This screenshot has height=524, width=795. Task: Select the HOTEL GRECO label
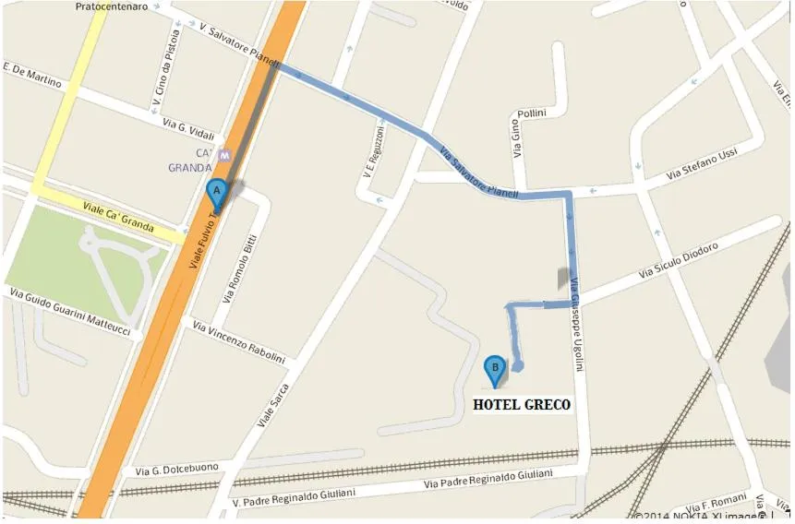[x=522, y=404]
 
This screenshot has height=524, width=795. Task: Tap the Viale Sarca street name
[x=273, y=404]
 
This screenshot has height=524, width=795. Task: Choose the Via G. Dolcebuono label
[x=177, y=469]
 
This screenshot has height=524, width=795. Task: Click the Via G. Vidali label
[x=187, y=128]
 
